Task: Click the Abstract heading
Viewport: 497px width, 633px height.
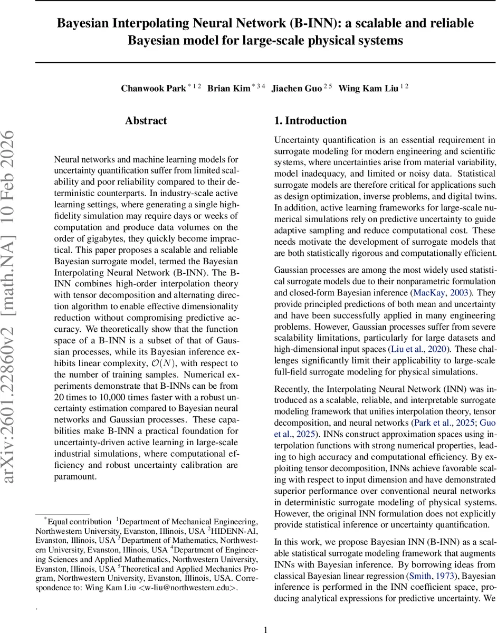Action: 146,121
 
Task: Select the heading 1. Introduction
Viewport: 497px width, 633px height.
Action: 310,121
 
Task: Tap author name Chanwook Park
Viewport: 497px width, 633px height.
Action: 154,89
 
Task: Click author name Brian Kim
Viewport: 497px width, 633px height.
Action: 228,89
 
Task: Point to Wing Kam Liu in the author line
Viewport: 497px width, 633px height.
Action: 368,89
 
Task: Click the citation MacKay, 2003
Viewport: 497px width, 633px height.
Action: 437,292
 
